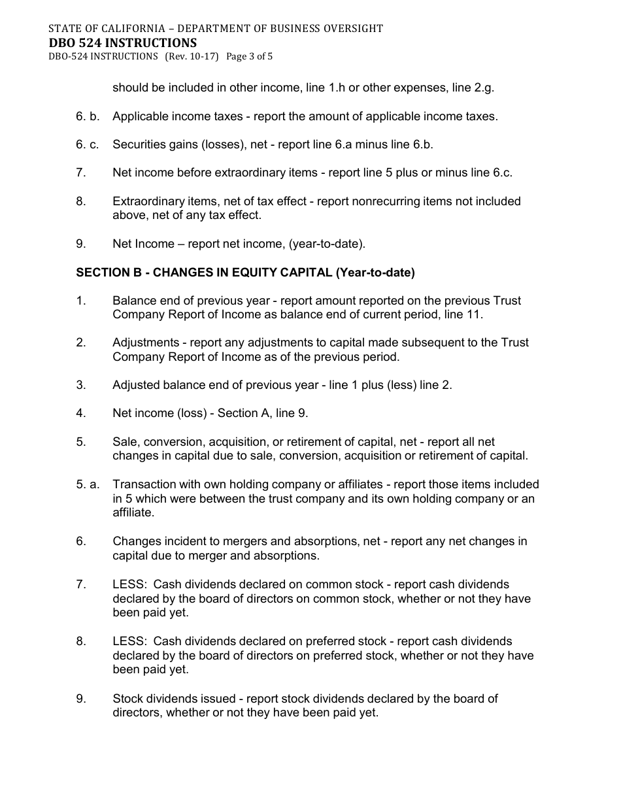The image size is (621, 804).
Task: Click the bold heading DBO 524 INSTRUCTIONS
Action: click(x=123, y=42)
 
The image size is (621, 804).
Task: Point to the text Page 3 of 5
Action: click(x=249, y=56)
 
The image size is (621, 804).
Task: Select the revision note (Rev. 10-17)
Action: click(x=192, y=56)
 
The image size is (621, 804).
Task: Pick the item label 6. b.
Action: click(x=88, y=116)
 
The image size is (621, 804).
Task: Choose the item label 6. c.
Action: click(x=88, y=144)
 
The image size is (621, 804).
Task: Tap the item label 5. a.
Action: click(x=88, y=484)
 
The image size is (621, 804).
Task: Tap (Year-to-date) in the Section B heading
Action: click(x=375, y=273)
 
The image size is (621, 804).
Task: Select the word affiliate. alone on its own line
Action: click(x=133, y=513)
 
